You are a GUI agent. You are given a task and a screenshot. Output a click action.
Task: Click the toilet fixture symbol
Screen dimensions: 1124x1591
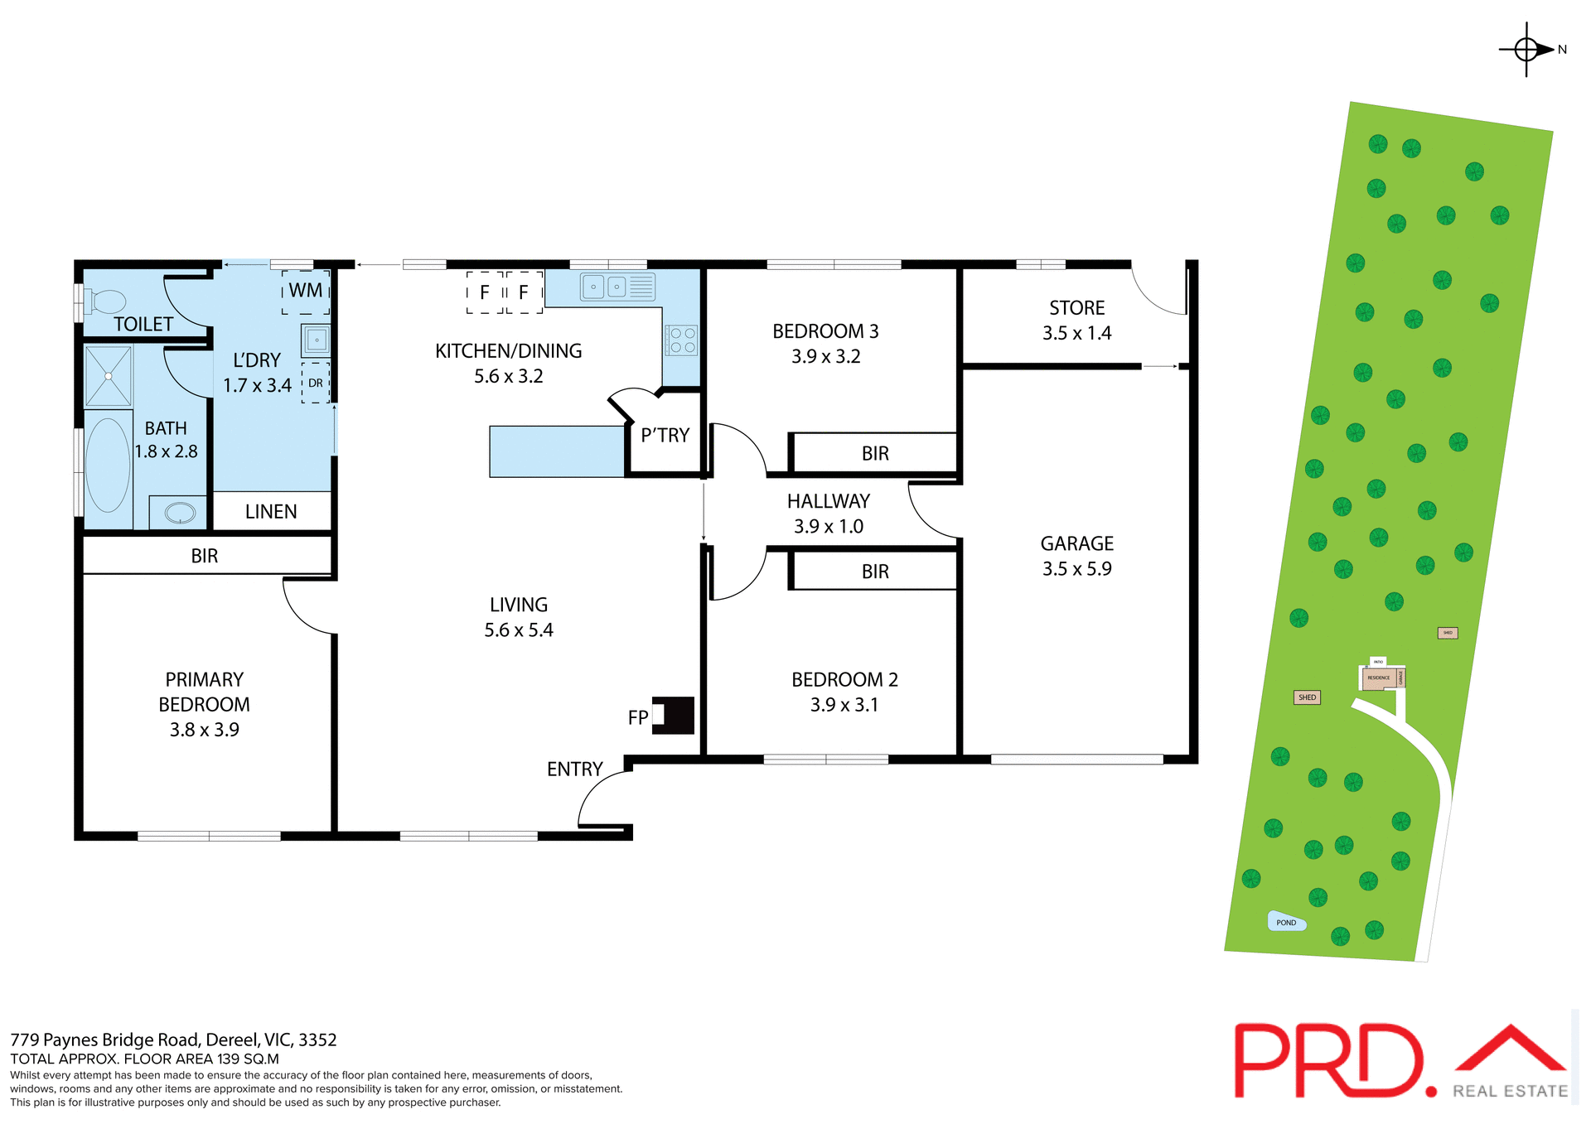[104, 302]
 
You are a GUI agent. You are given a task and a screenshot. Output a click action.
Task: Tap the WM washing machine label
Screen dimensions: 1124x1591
[306, 291]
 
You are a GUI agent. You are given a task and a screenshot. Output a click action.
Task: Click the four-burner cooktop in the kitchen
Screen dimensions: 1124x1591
[681, 340]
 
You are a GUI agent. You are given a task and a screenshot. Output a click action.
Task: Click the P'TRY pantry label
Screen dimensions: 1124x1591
[665, 436]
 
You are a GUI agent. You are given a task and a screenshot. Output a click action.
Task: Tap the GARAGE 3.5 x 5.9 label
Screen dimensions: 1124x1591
[1076, 556]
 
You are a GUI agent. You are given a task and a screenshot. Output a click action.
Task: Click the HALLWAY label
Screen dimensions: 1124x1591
[828, 502]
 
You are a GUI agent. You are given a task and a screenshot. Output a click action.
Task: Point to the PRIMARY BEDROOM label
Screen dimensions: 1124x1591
[204, 692]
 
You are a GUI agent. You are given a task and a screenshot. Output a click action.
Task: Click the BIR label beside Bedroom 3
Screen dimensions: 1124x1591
[875, 454]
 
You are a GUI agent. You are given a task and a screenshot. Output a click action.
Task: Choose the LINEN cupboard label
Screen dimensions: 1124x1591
[271, 512]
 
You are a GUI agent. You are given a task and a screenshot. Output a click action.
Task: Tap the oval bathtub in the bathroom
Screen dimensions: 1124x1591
[108, 466]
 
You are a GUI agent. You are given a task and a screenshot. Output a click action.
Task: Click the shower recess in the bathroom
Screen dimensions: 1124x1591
[109, 376]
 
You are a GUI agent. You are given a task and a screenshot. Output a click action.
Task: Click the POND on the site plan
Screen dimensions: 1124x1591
[1286, 922]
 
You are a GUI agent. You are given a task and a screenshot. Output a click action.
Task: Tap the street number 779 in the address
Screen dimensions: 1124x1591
[24, 1040]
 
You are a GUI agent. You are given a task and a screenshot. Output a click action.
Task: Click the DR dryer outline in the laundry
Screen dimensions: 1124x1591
[316, 383]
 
